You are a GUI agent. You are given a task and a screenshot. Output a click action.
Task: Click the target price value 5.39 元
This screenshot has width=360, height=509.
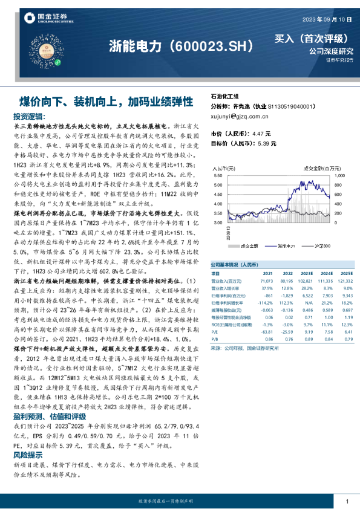pos(264,144)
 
